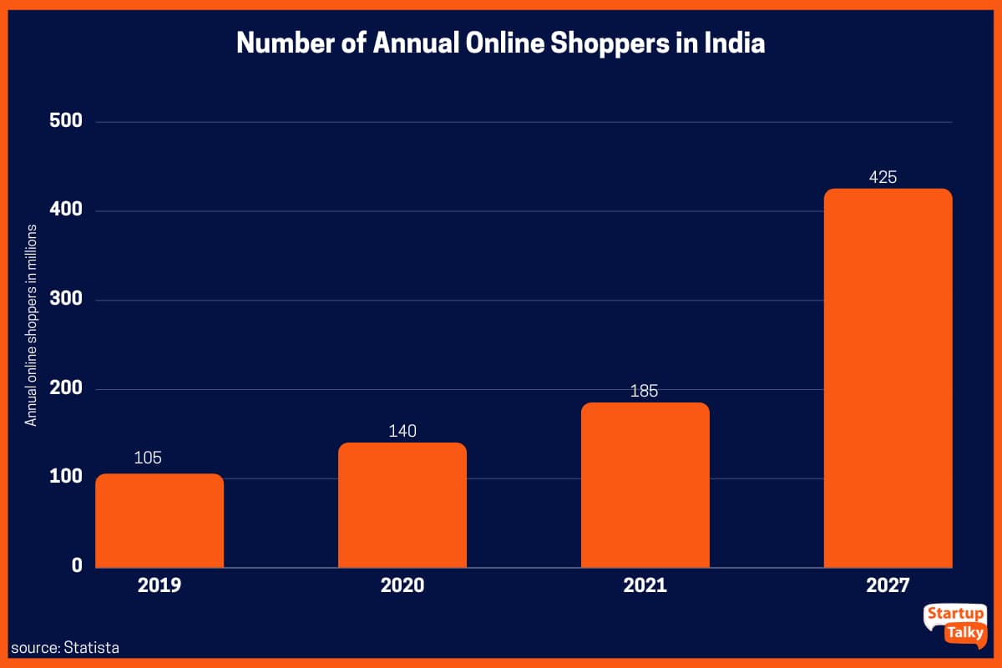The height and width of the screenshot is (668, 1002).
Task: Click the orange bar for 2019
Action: pyautogui.click(x=159, y=520)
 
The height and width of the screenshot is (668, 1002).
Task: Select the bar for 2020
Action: pyautogui.click(x=402, y=505)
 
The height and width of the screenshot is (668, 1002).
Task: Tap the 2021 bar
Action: pyautogui.click(x=645, y=485)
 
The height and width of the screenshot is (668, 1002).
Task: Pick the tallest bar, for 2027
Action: pyautogui.click(x=888, y=378)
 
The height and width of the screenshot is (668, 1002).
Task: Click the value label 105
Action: pyautogui.click(x=147, y=458)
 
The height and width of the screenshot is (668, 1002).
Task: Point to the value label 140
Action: pyautogui.click(x=402, y=431)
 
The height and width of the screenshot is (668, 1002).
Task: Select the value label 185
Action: pyautogui.click(x=645, y=390)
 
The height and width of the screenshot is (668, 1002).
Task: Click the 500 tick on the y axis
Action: pyautogui.click(x=65, y=121)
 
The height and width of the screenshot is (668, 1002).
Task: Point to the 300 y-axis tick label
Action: pyautogui.click(x=65, y=300)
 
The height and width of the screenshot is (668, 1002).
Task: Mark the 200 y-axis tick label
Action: pyautogui.click(x=65, y=388)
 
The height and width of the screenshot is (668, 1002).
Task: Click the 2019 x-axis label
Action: pyautogui.click(x=159, y=585)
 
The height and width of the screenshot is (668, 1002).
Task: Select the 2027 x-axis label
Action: pyautogui.click(x=887, y=585)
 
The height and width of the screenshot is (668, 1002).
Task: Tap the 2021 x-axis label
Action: pyautogui.click(x=645, y=585)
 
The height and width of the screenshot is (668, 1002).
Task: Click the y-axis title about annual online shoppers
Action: pyautogui.click(x=31, y=326)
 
